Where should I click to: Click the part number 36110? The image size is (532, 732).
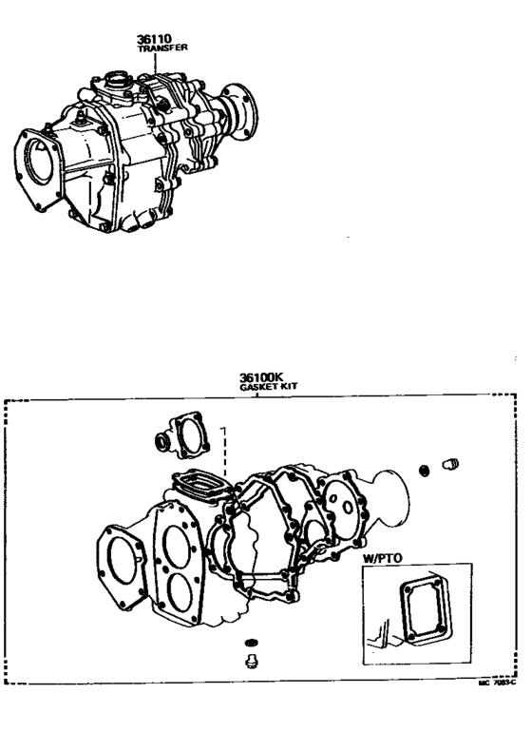click(x=153, y=40)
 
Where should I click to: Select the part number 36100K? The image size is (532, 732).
click(x=257, y=377)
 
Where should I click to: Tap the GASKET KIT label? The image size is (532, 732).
click(x=257, y=388)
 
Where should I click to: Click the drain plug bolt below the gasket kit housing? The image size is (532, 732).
click(x=251, y=661)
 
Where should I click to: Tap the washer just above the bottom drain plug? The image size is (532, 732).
click(x=251, y=642)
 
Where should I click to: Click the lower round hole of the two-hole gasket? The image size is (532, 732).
click(x=178, y=599)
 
